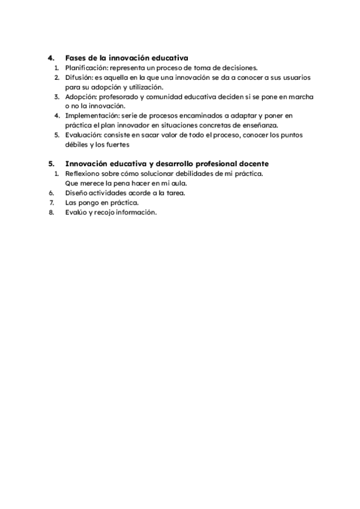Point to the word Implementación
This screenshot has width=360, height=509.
tap(91, 116)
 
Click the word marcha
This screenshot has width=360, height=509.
tap(302, 97)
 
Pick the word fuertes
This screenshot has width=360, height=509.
tap(117, 145)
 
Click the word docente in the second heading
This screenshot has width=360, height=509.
tap(253, 164)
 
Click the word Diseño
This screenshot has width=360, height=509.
tap(76, 193)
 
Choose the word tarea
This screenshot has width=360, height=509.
tap(174, 193)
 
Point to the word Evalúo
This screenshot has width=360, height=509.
tap(75, 212)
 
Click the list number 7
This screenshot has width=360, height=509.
tap(52, 202)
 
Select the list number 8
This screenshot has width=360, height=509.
tap(52, 212)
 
